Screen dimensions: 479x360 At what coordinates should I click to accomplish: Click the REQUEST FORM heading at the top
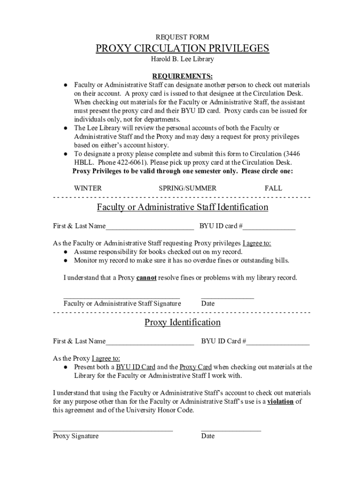coord(182,37)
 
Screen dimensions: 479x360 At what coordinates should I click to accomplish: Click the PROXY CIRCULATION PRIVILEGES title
coord(182,49)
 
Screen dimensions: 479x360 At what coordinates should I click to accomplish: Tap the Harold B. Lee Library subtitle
coord(182,59)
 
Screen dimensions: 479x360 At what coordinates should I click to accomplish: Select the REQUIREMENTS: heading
coord(182,76)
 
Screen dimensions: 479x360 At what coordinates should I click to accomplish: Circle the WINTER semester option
coord(88,188)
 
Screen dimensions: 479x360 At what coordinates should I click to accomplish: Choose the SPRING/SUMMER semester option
coord(187,188)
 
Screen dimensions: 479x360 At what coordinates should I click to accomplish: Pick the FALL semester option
coord(274,188)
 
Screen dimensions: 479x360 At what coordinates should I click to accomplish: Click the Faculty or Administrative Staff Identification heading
coord(182,207)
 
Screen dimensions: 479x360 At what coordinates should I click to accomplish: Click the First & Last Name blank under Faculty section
coord(150,227)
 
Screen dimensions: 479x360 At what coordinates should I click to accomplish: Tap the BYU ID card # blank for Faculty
coord(269,227)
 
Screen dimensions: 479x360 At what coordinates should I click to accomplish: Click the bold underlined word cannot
coord(146,278)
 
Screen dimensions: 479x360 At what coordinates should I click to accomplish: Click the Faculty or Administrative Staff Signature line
coord(122,298)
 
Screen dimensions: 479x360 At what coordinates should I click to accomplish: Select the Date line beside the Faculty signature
coord(227,298)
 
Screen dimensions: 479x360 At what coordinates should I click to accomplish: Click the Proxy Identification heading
coord(182,322)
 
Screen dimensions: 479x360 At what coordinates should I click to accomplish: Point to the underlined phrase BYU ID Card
coord(136,367)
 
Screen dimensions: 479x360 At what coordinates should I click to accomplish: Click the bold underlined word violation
coord(281,401)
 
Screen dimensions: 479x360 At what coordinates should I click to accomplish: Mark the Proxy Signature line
coord(113,430)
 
